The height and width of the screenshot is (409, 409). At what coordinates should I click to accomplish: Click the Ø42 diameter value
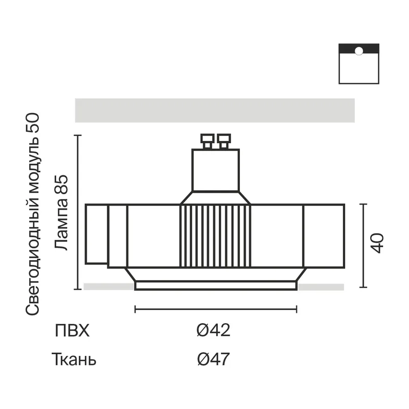click(x=213, y=330)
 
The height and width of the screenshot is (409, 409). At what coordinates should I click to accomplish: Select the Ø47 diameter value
click(x=213, y=359)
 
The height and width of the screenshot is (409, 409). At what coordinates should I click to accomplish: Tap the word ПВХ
click(x=72, y=330)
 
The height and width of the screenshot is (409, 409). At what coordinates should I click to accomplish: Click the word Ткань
click(x=74, y=359)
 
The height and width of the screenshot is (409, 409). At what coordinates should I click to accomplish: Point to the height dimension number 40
click(x=377, y=243)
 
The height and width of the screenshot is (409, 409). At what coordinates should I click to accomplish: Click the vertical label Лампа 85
click(x=61, y=213)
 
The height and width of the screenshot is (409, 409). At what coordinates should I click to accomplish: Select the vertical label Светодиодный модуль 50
click(x=33, y=214)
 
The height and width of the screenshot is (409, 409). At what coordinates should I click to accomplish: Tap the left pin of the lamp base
click(x=208, y=141)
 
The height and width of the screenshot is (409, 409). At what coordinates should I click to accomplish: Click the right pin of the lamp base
click(x=224, y=141)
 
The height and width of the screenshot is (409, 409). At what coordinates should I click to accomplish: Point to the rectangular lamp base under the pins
click(x=215, y=170)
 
